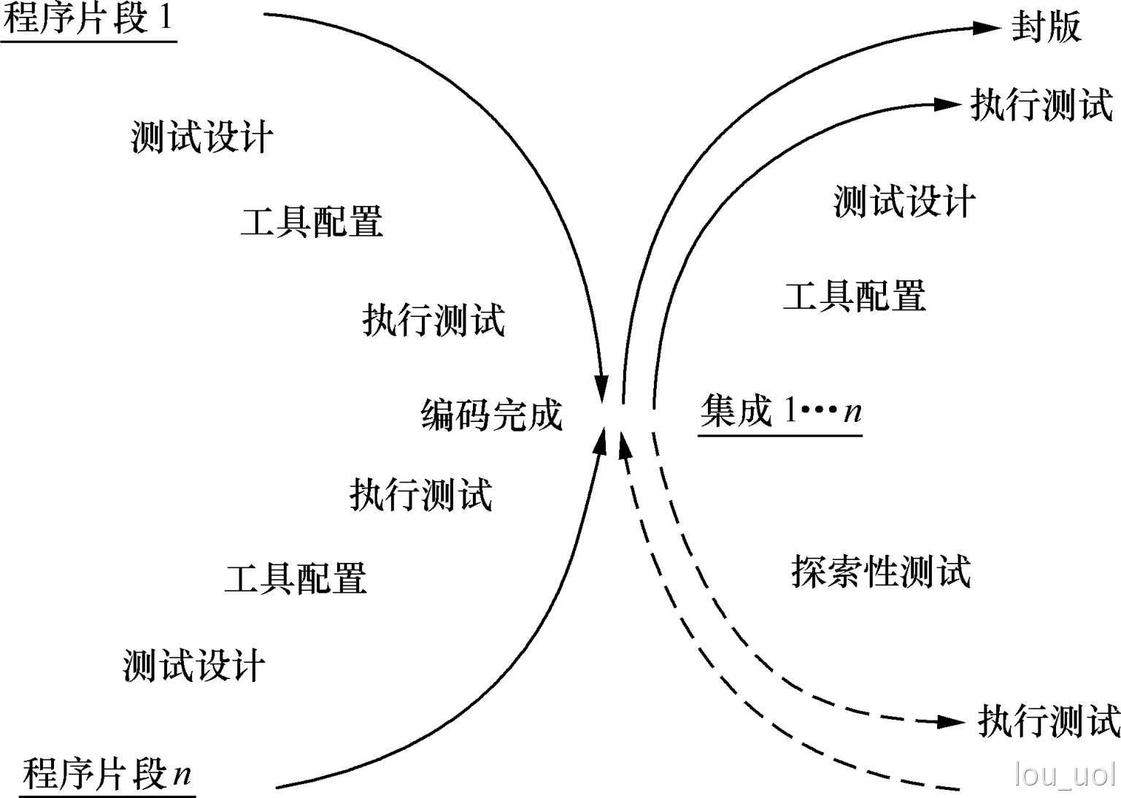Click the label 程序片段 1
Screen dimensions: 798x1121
coord(89,19)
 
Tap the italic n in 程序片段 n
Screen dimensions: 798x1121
coord(182,772)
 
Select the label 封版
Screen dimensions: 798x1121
coord(1045,28)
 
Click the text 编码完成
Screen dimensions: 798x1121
coord(491,415)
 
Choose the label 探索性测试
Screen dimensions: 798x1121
coord(881,571)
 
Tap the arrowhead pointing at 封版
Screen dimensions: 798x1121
coord(987,28)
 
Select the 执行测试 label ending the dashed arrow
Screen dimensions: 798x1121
coord(1048,721)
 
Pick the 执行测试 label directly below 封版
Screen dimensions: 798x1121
coord(1041,105)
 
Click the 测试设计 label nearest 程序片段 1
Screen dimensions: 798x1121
coord(201,137)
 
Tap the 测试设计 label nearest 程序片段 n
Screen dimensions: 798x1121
coord(193,666)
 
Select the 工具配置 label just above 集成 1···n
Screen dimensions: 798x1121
coord(854,296)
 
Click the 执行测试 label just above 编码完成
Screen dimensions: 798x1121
coord(434,320)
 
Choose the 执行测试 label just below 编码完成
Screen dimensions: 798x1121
coord(421,494)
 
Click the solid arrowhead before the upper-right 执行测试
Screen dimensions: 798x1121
coord(948,104)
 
